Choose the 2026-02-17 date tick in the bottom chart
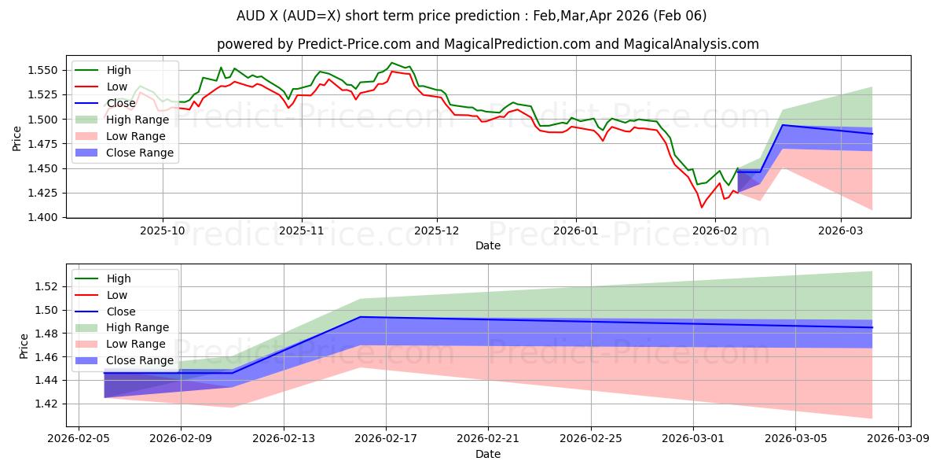click(385, 440)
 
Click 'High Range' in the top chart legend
click(138, 120)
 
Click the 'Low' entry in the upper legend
click(117, 87)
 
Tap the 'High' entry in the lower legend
click(119, 278)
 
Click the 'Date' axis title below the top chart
click(487, 246)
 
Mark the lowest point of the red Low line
click(702, 207)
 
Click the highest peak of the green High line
click(391, 63)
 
